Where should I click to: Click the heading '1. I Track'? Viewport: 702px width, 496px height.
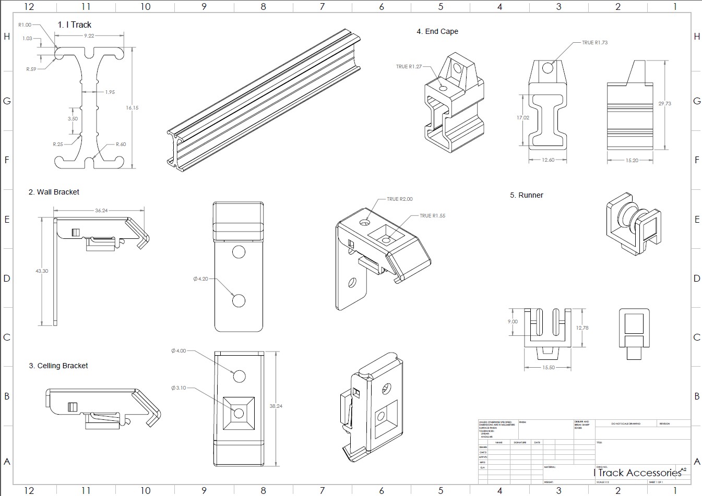point(74,25)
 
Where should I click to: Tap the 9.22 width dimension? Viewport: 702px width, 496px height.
point(89,36)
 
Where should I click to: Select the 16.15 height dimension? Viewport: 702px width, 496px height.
point(132,108)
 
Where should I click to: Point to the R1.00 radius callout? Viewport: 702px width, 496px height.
point(25,25)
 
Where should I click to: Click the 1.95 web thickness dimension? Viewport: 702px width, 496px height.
point(110,92)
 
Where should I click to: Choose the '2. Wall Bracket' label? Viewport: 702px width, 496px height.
point(54,192)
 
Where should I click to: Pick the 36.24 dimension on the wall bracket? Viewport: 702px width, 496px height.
point(101,211)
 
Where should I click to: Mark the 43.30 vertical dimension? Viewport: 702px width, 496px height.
point(42,271)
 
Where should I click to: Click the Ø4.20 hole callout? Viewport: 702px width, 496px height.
point(201,279)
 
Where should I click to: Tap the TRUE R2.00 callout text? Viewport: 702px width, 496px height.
point(399,199)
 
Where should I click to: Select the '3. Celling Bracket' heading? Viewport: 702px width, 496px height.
point(58,366)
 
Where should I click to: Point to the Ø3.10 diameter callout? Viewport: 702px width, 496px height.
point(179,388)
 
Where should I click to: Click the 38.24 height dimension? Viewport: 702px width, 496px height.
point(276,406)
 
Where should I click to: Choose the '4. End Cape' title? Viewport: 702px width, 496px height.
point(437,31)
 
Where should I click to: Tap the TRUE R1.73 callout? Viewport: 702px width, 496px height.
point(594,43)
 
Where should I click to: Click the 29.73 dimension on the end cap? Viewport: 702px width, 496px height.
point(664,104)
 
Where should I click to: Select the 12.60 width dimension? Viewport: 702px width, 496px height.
point(548,160)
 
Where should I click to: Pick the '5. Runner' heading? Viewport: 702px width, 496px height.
point(527,195)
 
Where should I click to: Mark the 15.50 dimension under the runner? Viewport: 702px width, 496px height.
point(549,368)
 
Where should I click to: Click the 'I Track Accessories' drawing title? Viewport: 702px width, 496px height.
point(637,473)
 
